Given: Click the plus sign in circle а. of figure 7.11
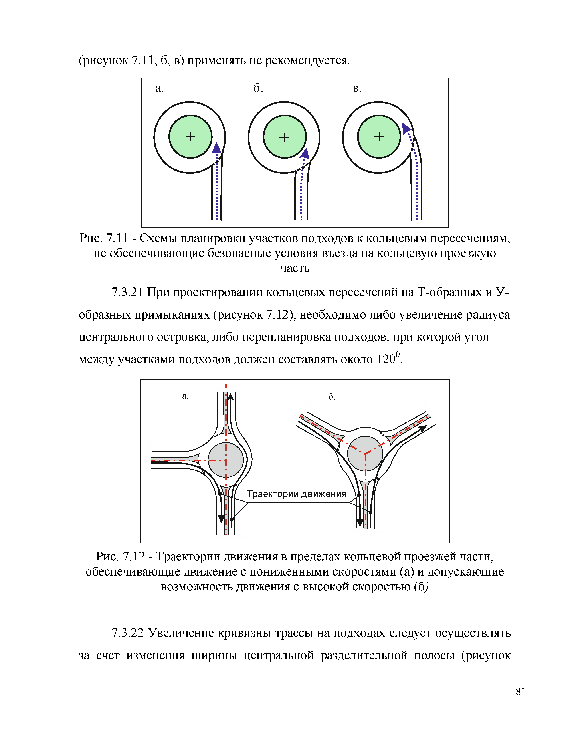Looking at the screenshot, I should click(190, 137).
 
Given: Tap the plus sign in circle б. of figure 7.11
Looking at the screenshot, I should click(284, 137).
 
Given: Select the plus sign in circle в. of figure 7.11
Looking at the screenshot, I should click(379, 137).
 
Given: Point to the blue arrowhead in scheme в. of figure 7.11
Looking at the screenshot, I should click(406, 128).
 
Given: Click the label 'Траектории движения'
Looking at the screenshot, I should click(296, 494).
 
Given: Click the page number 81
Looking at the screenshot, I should click(521, 691).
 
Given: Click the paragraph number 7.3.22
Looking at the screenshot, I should click(127, 633).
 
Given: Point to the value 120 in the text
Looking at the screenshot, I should click(386, 359).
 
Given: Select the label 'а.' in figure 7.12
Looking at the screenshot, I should click(185, 396).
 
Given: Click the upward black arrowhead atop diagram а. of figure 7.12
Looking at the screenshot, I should click(230, 396).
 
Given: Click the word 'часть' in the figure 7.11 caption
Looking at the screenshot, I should click(295, 268).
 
